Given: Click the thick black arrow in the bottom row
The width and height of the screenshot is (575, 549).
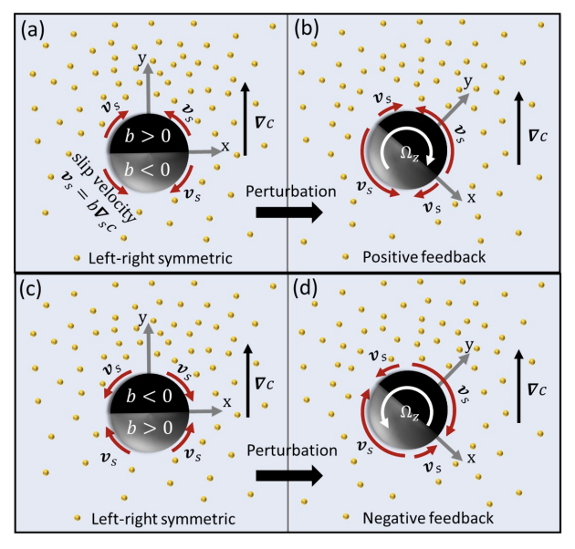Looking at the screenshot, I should pyautogui.click(x=288, y=474).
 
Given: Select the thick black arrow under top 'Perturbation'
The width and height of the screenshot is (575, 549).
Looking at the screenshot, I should pyautogui.click(x=288, y=212).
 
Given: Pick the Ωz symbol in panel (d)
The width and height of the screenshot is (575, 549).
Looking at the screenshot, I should pyautogui.click(x=404, y=412).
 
